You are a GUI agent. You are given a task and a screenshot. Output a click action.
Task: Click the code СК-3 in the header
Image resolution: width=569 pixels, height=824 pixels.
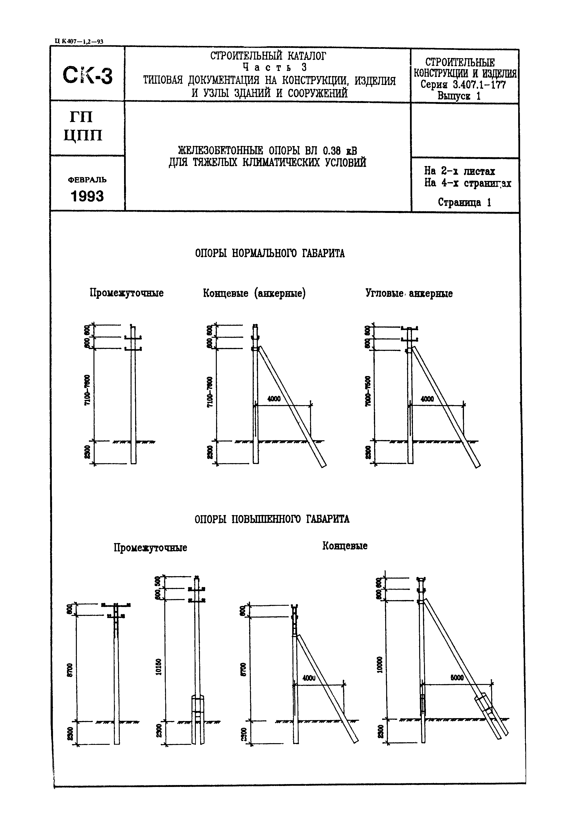[87, 76]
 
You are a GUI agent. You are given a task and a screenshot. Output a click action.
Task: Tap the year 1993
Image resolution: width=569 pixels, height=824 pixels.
[87, 196]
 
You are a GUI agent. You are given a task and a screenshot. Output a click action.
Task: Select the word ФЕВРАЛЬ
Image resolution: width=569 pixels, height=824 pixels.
[87, 180]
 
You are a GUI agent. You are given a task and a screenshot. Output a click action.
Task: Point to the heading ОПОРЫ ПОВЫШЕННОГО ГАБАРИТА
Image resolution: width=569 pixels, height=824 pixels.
[272, 519]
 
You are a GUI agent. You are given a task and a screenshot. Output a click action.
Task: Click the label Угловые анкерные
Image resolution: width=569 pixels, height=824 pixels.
[409, 294]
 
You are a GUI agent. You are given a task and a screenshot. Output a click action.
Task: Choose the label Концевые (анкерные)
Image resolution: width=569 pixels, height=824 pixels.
[254, 294]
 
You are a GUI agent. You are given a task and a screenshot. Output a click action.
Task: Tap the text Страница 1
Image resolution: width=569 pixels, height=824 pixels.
[464, 202]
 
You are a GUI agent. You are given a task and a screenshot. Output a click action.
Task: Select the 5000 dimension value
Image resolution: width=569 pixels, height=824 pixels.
[457, 678]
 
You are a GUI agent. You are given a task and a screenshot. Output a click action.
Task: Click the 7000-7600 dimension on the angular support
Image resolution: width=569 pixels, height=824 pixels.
[368, 391]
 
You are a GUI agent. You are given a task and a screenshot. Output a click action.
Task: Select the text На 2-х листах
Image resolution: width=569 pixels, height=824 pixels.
[459, 171]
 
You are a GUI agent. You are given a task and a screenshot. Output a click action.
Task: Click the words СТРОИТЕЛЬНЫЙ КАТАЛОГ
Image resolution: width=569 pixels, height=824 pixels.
[268, 56]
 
